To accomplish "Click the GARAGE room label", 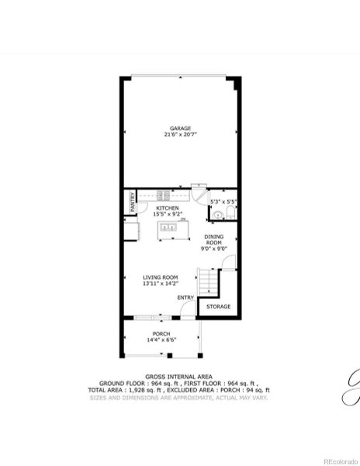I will click(180, 128).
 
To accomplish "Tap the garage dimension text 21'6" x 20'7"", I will click(180, 134).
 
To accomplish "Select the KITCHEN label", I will click(168, 208).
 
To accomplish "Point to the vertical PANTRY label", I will click(133, 202).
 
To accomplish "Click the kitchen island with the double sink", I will click(168, 228).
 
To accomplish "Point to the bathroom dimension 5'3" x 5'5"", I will click(223, 202).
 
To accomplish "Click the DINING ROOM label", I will click(213, 240).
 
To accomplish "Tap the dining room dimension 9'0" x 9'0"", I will click(213, 249).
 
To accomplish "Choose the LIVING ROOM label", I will click(161, 277).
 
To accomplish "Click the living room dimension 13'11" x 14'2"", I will click(161, 283).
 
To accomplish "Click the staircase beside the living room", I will click(207, 281).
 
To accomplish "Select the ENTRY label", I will click(185, 297).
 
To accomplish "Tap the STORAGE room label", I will click(218, 307).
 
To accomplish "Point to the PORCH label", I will click(161, 334).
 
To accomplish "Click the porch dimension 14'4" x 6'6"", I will click(161, 340).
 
